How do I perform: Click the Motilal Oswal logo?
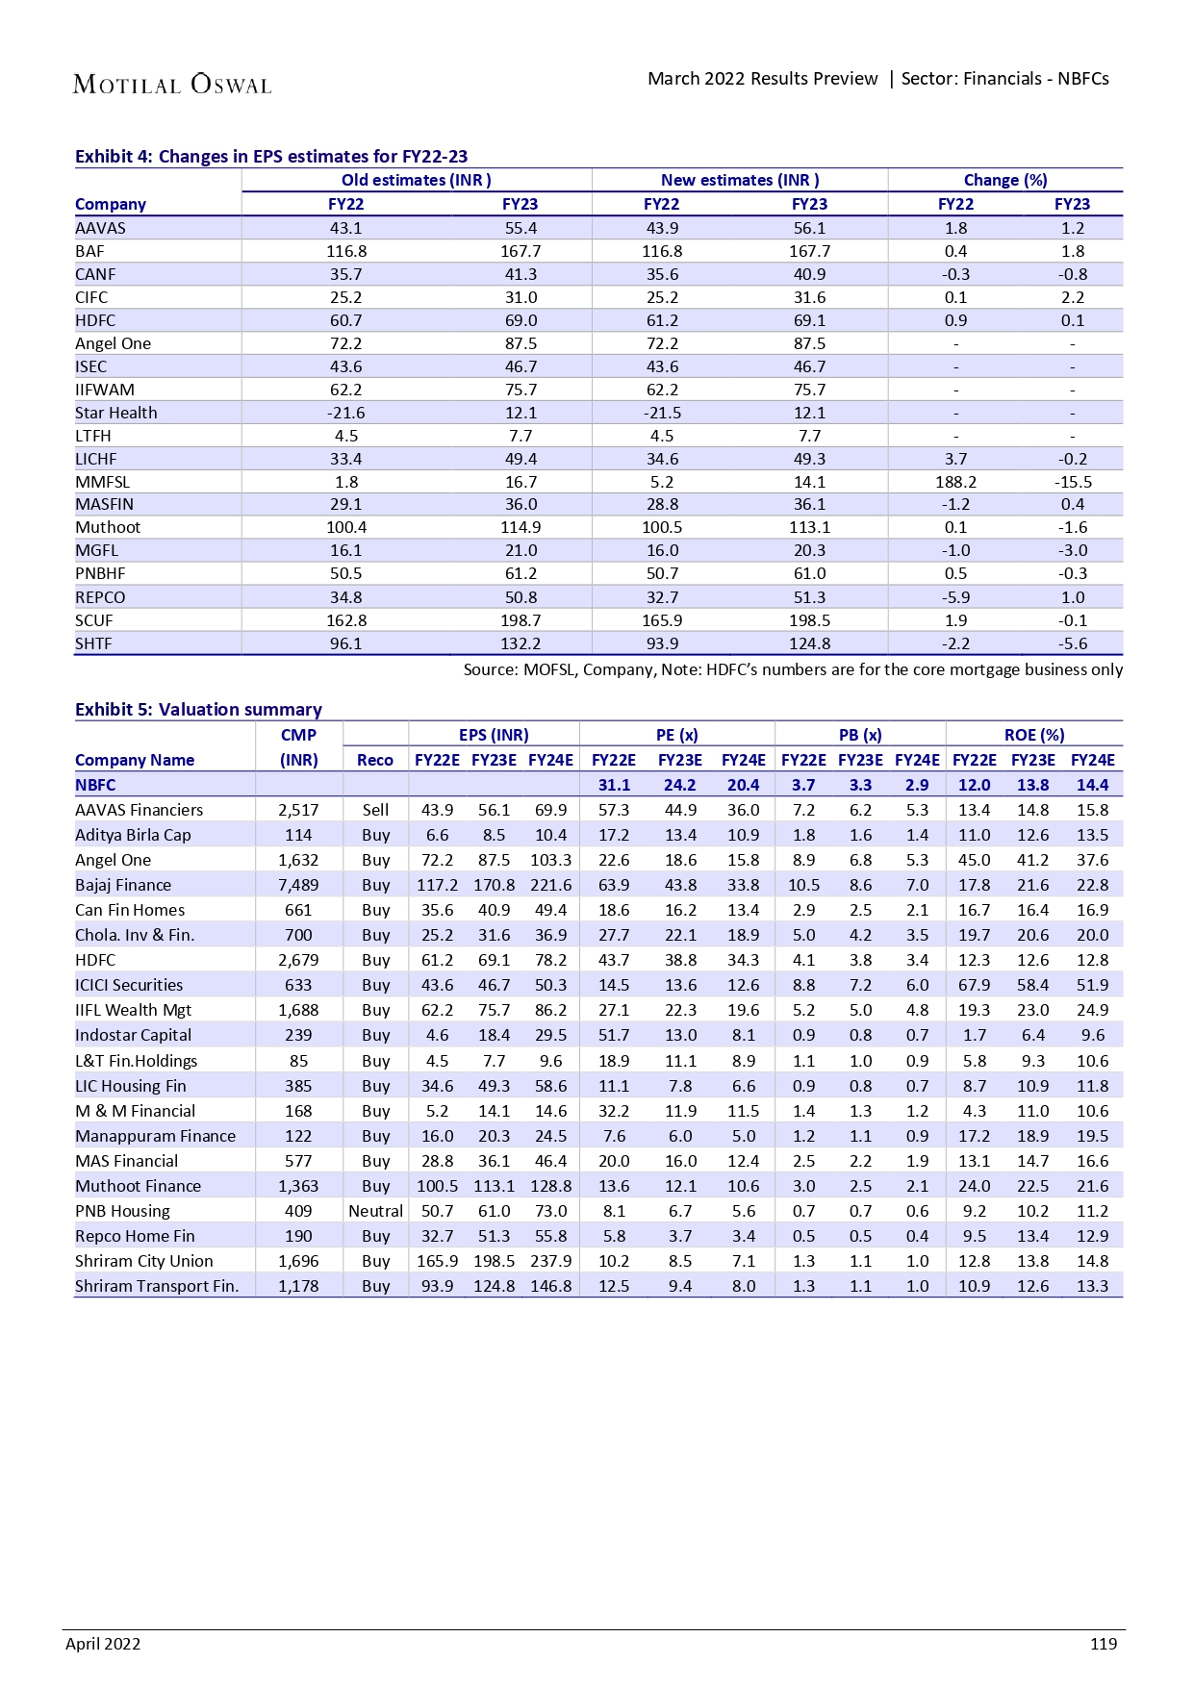[x=172, y=85]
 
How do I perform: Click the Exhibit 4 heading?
[x=271, y=156]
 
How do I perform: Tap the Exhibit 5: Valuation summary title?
[x=198, y=709]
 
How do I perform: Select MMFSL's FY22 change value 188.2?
[x=955, y=482]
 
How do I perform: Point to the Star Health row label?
[x=116, y=413]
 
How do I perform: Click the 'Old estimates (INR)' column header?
[x=416, y=180]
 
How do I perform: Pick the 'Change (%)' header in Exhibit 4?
[x=1004, y=180]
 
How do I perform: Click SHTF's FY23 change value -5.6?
[x=1072, y=643]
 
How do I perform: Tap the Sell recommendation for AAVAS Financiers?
[x=375, y=810]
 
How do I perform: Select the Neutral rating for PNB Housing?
[x=375, y=1211]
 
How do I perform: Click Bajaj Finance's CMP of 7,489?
[x=298, y=885]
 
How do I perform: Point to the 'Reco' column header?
[x=375, y=760]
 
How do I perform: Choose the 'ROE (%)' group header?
[x=1033, y=735]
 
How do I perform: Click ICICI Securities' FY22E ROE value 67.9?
[x=974, y=985]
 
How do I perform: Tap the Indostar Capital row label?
[x=133, y=1035]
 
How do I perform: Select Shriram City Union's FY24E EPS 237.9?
[x=550, y=1261]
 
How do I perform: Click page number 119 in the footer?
[x=1103, y=1644]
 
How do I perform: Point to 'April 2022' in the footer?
[x=103, y=1644]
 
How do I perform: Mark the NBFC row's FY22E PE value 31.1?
[x=614, y=785]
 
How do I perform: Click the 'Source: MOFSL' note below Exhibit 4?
[x=793, y=669]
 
